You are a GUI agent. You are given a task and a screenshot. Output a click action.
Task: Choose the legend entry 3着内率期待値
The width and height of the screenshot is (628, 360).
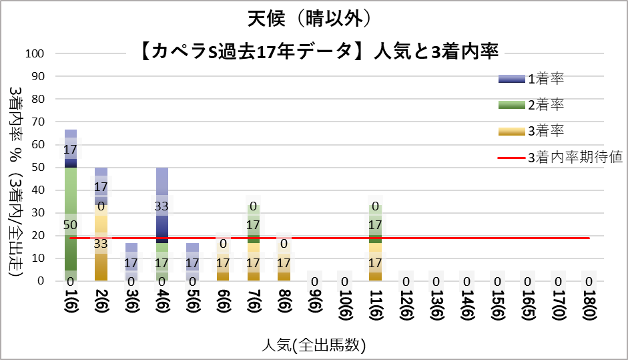tap(575, 158)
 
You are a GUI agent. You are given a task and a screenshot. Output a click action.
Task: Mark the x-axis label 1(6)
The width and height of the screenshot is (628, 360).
tap(71, 307)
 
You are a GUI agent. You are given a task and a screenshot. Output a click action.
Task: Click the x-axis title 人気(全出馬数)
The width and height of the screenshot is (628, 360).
tap(313, 345)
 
